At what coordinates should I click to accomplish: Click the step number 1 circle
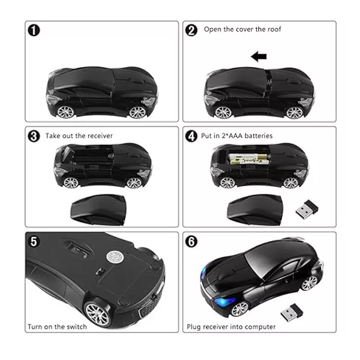[34, 31]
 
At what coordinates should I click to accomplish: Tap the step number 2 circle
[191, 31]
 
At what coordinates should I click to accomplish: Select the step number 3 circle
[34, 136]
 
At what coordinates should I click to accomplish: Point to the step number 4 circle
[191, 136]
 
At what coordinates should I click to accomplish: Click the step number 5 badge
[34, 242]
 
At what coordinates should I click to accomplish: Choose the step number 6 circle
[191, 242]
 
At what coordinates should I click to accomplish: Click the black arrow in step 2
[259, 56]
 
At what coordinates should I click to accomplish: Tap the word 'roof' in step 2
[274, 29]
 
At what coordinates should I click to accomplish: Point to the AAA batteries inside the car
[248, 160]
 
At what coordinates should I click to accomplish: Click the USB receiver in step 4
[307, 209]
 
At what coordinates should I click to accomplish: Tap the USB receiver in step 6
[292, 313]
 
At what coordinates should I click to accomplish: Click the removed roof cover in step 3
[98, 210]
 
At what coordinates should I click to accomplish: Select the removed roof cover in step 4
[255, 210]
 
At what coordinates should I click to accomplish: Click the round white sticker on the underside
[114, 257]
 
